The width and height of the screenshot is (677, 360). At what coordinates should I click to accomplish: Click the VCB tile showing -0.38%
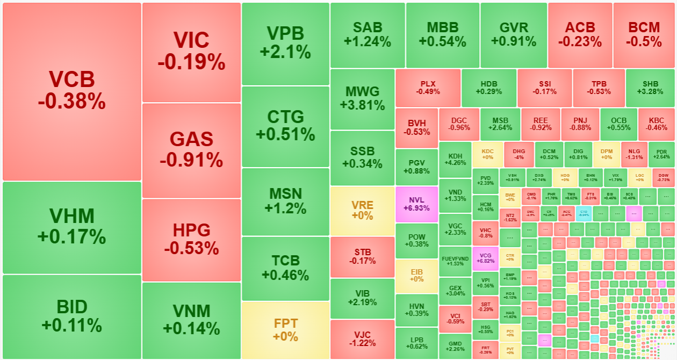(71, 91)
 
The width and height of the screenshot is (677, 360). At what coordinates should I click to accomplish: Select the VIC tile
(191, 52)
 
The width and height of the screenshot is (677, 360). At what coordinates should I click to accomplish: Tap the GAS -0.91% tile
(191, 150)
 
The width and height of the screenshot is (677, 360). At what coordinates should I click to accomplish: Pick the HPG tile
(191, 239)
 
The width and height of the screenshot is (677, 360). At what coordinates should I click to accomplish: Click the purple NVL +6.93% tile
(416, 204)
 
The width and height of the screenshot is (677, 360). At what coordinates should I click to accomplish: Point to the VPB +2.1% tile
(285, 43)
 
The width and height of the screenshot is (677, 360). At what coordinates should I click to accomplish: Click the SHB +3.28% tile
(650, 88)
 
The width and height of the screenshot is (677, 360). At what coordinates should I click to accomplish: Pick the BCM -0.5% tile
(645, 34)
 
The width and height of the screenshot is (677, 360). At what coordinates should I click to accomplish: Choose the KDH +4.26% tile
(455, 159)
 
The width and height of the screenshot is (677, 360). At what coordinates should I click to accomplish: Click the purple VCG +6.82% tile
(485, 258)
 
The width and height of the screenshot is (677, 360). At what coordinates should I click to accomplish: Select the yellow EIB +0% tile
(416, 276)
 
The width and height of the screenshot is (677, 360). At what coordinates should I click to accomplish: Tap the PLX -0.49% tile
(428, 88)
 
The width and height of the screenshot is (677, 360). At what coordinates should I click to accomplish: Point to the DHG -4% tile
(518, 154)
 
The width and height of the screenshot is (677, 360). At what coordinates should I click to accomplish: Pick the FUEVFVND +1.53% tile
(455, 261)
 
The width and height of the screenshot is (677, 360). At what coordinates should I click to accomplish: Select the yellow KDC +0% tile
(487, 154)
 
